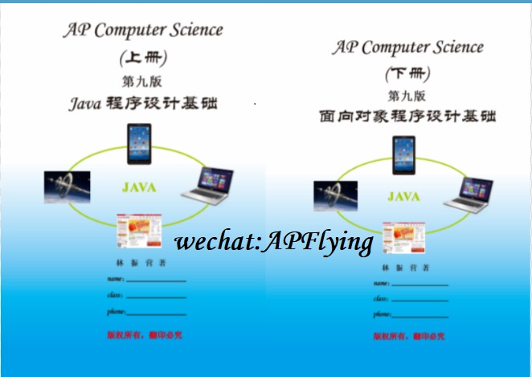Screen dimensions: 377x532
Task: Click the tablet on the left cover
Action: (x=139, y=143)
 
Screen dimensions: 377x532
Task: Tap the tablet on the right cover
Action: (x=403, y=154)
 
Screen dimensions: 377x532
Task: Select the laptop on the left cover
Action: (x=207, y=186)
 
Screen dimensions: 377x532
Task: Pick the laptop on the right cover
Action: (x=469, y=194)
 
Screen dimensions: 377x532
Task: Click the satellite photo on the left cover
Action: (x=67, y=186)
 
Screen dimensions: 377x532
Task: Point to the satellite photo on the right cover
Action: (x=334, y=195)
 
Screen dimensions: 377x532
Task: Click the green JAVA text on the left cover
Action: (x=139, y=187)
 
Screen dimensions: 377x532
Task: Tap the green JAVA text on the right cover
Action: (x=403, y=196)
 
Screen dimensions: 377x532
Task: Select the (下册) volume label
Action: (x=407, y=74)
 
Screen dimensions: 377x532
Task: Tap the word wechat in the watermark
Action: (x=215, y=240)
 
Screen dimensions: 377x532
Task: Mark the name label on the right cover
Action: (x=381, y=284)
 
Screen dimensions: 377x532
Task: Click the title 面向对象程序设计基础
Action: (x=407, y=116)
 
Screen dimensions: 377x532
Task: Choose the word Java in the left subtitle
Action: (x=85, y=103)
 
